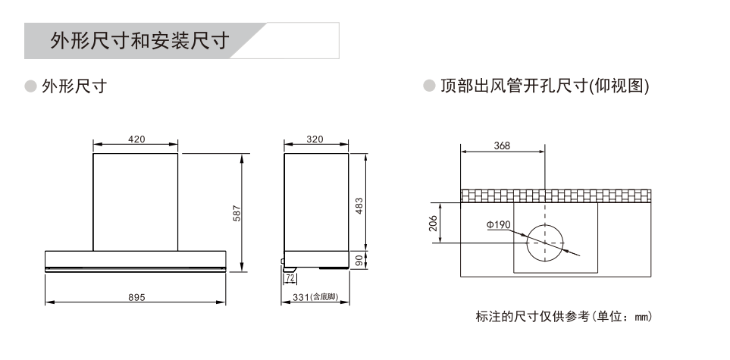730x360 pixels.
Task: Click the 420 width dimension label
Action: pyautogui.click(x=136, y=139)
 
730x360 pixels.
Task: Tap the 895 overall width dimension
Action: pyautogui.click(x=136, y=297)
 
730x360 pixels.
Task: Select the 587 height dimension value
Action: pyautogui.click(x=237, y=213)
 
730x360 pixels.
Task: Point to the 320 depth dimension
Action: pyautogui.click(x=315, y=139)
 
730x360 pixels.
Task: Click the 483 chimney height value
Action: pyautogui.click(x=359, y=205)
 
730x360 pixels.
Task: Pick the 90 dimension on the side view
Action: pyautogui.click(x=359, y=260)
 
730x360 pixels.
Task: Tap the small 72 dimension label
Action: pyautogui.click(x=290, y=278)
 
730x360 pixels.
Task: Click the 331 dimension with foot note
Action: pyautogui.click(x=315, y=297)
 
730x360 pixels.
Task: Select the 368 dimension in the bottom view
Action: pyautogui.click(x=502, y=146)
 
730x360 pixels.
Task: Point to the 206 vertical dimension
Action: pyautogui.click(x=433, y=223)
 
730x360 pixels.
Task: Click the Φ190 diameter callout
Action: pyautogui.click(x=499, y=225)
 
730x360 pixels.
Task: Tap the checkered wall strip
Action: pyautogui.click(x=556, y=196)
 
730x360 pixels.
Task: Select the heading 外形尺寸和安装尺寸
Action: pyautogui.click(x=139, y=41)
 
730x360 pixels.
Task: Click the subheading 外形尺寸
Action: pyautogui.click(x=74, y=86)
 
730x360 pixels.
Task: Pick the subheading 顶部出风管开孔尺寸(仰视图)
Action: pyautogui.click(x=545, y=86)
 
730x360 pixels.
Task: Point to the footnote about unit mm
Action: pyautogui.click(x=564, y=317)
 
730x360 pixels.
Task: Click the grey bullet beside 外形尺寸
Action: pyautogui.click(x=31, y=86)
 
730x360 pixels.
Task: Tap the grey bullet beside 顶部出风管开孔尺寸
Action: pyautogui.click(x=429, y=86)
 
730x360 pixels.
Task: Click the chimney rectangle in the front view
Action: pyautogui.click(x=93, y=202)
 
